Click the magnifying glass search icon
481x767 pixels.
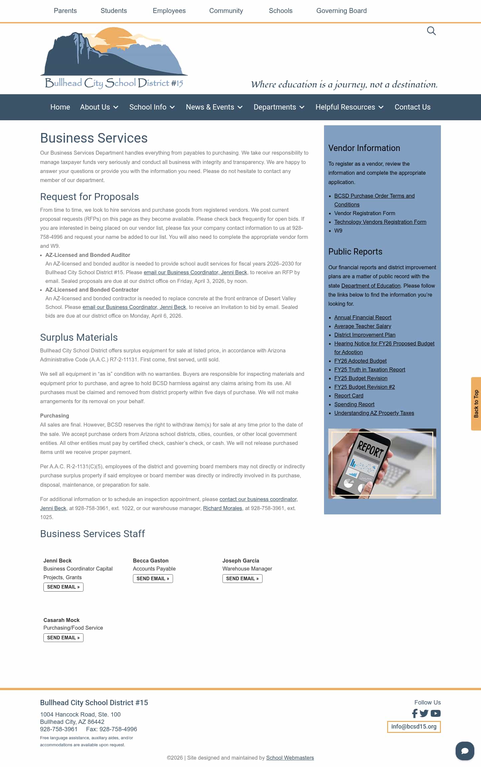point(431,31)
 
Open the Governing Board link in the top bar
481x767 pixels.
point(341,11)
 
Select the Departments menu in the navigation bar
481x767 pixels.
point(279,107)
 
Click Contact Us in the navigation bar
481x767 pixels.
point(413,107)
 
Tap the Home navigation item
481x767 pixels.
point(60,107)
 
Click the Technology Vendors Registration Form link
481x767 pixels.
point(380,222)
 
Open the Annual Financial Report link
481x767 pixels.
point(363,317)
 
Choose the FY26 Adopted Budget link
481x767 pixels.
point(360,361)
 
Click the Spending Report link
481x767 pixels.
point(354,404)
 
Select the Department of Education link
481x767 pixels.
point(371,286)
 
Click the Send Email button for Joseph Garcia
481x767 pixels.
point(243,579)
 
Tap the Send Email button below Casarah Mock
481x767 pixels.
point(63,638)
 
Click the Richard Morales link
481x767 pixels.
point(222,508)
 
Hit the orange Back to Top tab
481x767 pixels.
point(476,404)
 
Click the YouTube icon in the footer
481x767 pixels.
point(436,714)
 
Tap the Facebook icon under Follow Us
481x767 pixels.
point(415,714)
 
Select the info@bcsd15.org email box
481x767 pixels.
point(414,727)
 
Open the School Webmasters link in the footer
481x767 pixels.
point(290,758)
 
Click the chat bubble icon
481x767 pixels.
point(465,751)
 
